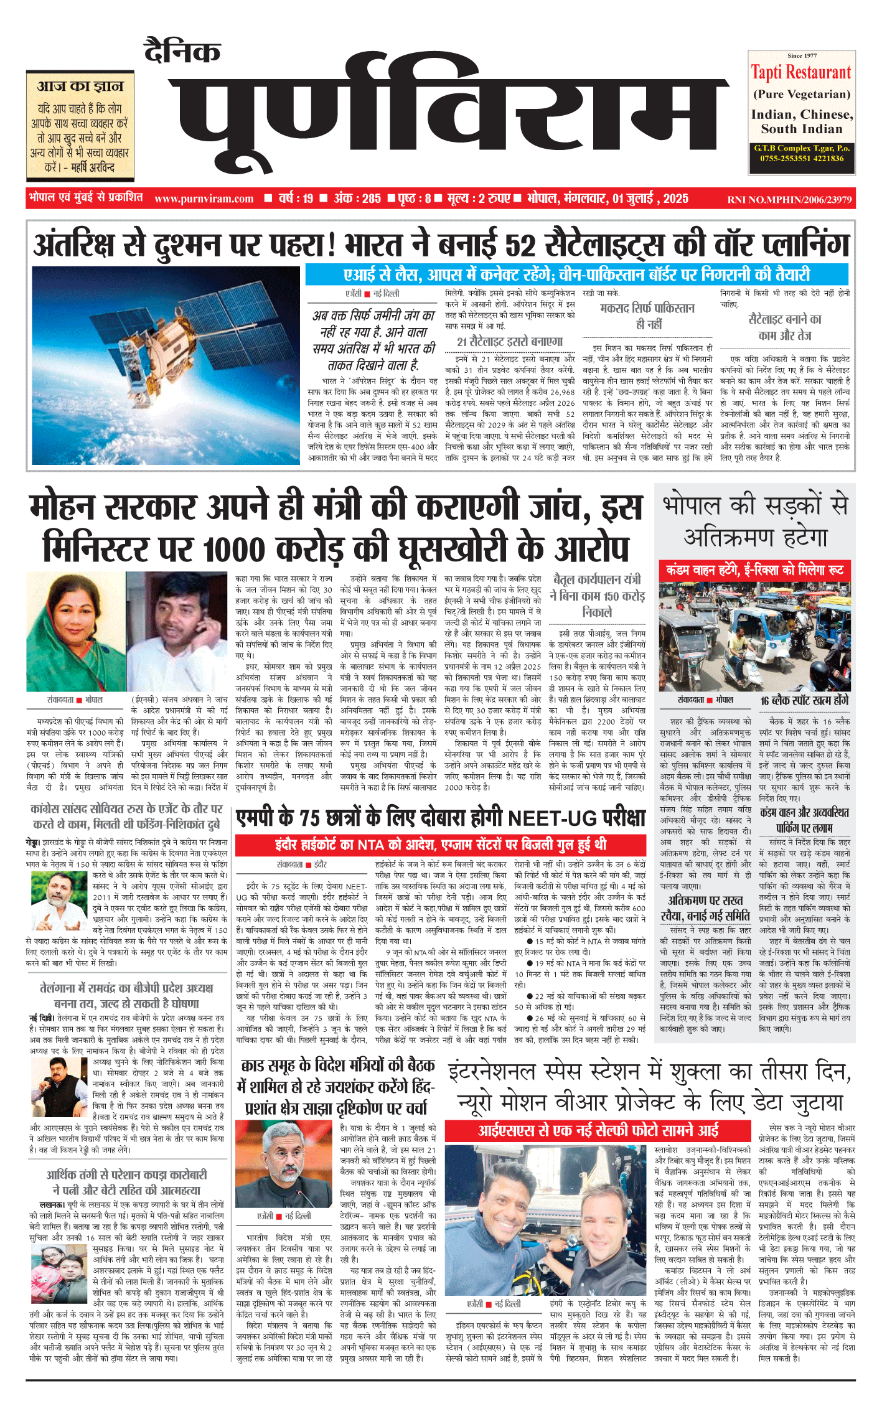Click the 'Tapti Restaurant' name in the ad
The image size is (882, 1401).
pos(800,73)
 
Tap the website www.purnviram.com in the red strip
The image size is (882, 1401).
pos(204,199)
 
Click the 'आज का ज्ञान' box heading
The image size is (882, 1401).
pos(80,86)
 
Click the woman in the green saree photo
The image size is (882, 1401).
pos(68,632)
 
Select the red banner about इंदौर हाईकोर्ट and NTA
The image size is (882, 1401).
pos(440,844)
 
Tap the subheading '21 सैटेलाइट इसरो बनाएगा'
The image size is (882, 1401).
pos(509,342)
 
